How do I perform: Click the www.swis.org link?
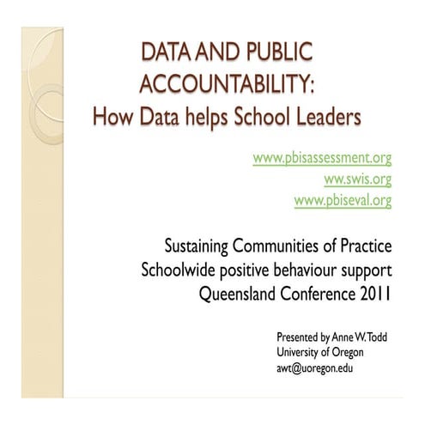tap(357, 179)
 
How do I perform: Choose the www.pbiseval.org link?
tap(343, 201)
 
